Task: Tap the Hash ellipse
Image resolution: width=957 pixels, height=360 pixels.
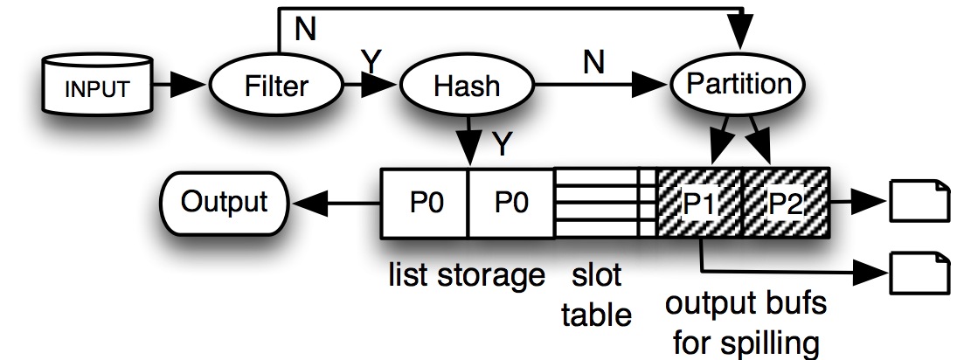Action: pyautogui.click(x=467, y=86)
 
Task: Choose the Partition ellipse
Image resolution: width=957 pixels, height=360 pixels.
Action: pyautogui.click(x=739, y=84)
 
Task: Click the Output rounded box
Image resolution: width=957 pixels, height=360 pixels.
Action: pyautogui.click(x=224, y=202)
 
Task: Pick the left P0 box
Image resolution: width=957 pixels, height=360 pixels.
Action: pyautogui.click(x=426, y=203)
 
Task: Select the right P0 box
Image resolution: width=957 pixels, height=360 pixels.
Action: pyautogui.click(x=512, y=203)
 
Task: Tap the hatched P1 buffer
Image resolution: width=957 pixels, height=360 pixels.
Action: pyautogui.click(x=698, y=203)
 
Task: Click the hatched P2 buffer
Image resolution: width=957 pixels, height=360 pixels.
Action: pyautogui.click(x=784, y=203)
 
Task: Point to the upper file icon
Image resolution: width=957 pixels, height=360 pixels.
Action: pyautogui.click(x=918, y=201)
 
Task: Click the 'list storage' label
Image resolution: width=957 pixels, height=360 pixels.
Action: pyautogui.click(x=467, y=278)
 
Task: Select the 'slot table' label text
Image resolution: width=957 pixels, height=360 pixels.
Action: pyautogui.click(x=597, y=295)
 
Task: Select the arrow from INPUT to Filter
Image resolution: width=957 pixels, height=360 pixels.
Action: pyautogui.click(x=180, y=87)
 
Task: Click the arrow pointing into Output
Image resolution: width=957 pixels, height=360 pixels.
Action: pyautogui.click(x=336, y=203)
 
